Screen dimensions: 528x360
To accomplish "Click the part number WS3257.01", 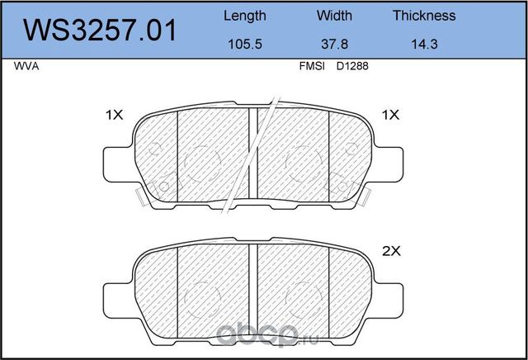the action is click(x=100, y=31).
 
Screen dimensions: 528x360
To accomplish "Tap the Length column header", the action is click(x=245, y=17).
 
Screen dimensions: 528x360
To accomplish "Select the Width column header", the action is click(x=334, y=16).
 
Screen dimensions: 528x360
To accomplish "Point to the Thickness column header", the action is click(x=424, y=16).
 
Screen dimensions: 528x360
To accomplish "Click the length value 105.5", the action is click(x=245, y=44).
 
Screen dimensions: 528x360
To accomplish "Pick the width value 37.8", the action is click(x=334, y=44).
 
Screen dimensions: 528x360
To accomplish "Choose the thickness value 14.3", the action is click(x=424, y=44).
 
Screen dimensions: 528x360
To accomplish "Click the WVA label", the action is click(x=26, y=66).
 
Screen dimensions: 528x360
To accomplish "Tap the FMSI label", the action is click(x=312, y=66).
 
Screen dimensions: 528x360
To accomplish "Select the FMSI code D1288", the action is click(x=352, y=66).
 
